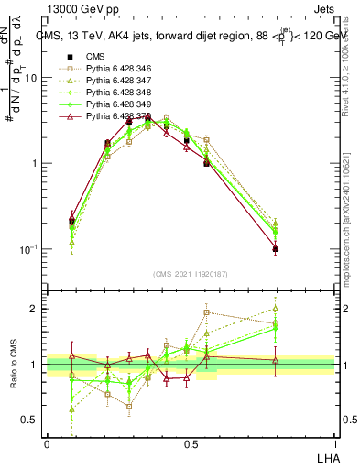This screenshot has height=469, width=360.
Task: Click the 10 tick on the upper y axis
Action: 33,78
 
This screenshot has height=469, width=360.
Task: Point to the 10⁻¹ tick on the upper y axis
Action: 30,249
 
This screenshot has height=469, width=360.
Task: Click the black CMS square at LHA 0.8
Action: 276,249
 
